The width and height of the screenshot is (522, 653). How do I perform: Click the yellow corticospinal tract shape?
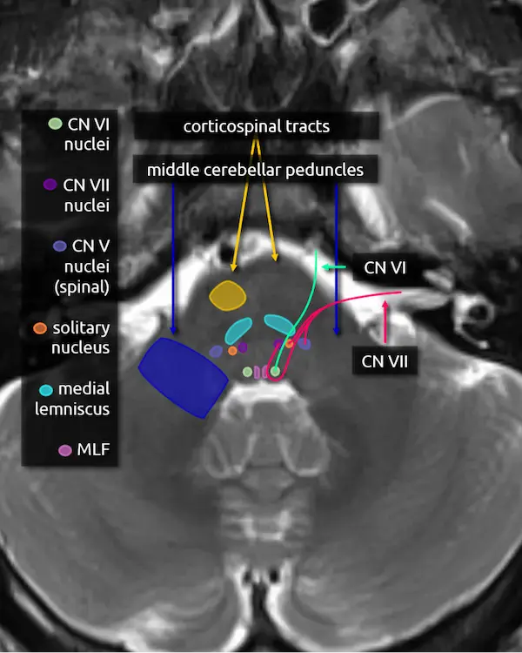point(228,296)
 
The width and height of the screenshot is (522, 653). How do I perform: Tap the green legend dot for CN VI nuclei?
point(55,124)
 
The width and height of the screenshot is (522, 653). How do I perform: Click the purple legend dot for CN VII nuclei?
point(50,185)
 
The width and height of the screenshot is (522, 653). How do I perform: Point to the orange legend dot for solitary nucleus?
point(39,329)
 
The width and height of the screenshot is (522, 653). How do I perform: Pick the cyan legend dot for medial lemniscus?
point(46,389)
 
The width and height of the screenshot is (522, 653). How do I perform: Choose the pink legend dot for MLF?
point(64,450)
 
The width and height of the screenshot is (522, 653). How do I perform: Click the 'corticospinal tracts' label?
point(257,126)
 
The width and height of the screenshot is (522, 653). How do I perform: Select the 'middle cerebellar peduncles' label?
point(256,169)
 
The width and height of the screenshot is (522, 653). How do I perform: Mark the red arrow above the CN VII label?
point(385,320)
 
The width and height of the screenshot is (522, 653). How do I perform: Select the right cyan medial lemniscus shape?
point(280,323)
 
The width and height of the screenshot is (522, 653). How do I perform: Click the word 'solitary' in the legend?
point(81,329)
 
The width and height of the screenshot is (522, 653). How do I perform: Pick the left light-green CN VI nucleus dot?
point(248,372)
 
